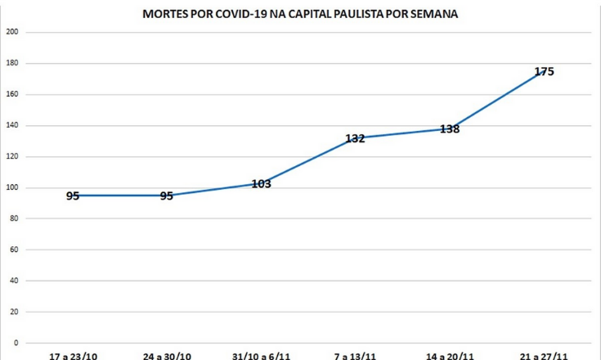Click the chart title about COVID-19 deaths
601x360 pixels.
[x=300, y=15]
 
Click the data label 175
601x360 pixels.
[x=544, y=71]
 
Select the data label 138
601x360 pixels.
[x=449, y=128]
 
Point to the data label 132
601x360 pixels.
[x=355, y=138]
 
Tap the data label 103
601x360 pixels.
[x=261, y=184]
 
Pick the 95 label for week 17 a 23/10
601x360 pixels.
[x=73, y=196]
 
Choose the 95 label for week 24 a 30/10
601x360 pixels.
[x=167, y=196]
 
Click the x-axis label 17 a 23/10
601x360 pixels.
[x=73, y=356]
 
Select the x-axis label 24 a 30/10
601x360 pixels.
[x=167, y=356]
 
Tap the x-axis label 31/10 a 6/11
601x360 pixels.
[x=261, y=356]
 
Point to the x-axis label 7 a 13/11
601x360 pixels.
[x=355, y=356]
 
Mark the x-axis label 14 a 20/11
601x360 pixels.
[x=449, y=356]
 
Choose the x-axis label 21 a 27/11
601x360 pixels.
[x=543, y=356]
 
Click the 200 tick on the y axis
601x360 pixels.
[x=13, y=32]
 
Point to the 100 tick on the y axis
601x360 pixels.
[x=13, y=187]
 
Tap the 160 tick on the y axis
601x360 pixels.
[x=13, y=94]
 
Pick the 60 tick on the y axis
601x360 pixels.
[x=15, y=250]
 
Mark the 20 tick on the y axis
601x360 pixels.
[x=15, y=312]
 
